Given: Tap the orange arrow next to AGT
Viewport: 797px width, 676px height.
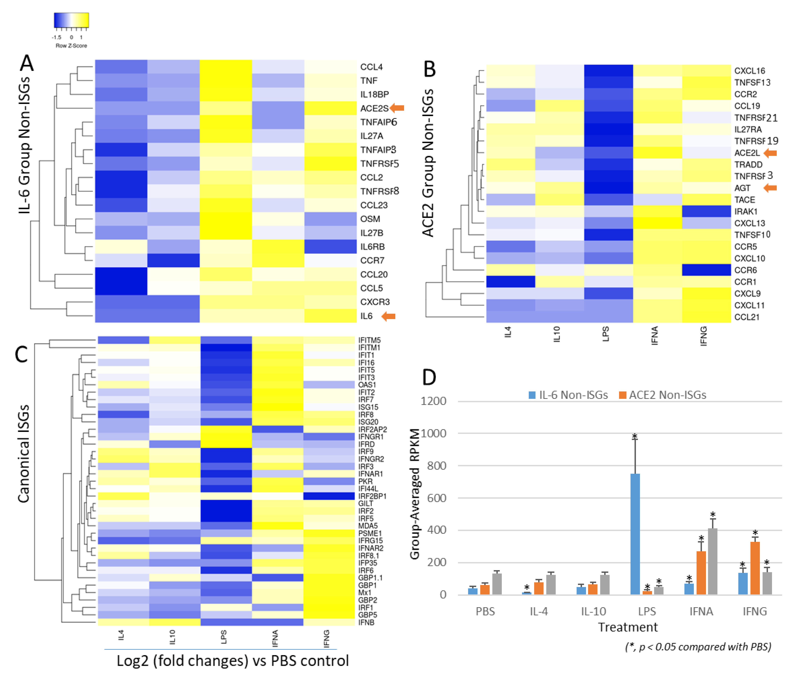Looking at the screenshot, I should pyautogui.click(x=770, y=188).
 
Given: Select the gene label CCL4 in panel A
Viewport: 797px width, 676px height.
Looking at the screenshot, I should pyautogui.click(x=371, y=67).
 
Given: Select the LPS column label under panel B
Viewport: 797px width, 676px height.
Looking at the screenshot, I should pyautogui.click(x=606, y=334).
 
